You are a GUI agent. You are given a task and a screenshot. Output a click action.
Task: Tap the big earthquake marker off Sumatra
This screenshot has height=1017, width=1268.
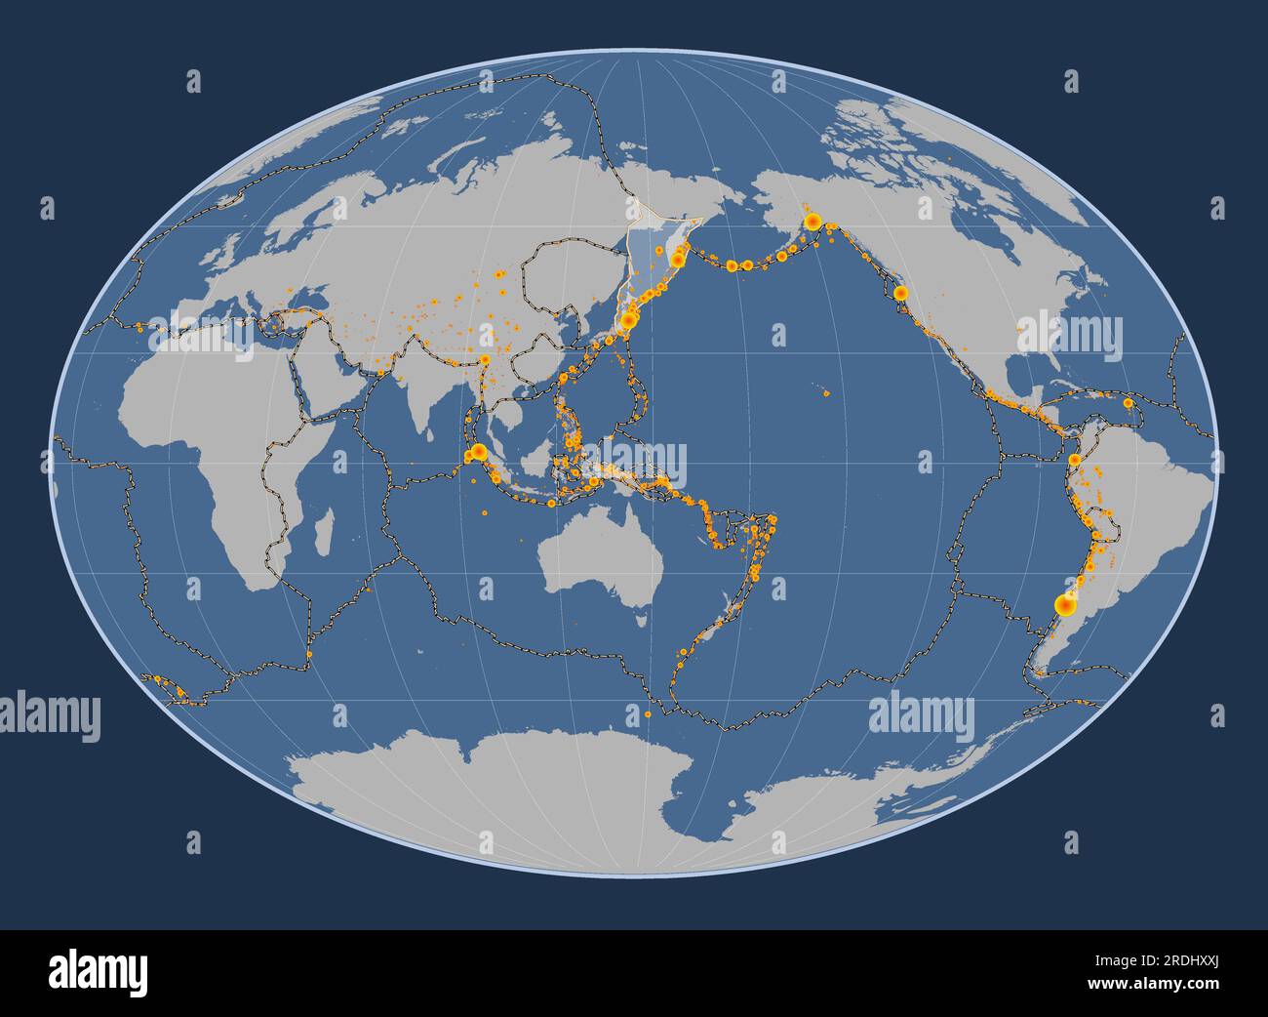pos(478,452)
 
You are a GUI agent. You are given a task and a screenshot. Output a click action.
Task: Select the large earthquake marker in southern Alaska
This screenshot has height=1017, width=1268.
pos(811,223)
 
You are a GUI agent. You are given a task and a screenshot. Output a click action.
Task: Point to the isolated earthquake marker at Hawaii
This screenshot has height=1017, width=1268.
pos(825,394)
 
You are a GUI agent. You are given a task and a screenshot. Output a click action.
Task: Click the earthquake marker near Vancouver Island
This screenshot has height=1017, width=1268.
pos(900,292)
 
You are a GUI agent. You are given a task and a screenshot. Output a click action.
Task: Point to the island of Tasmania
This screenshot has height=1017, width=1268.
pos(641,616)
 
